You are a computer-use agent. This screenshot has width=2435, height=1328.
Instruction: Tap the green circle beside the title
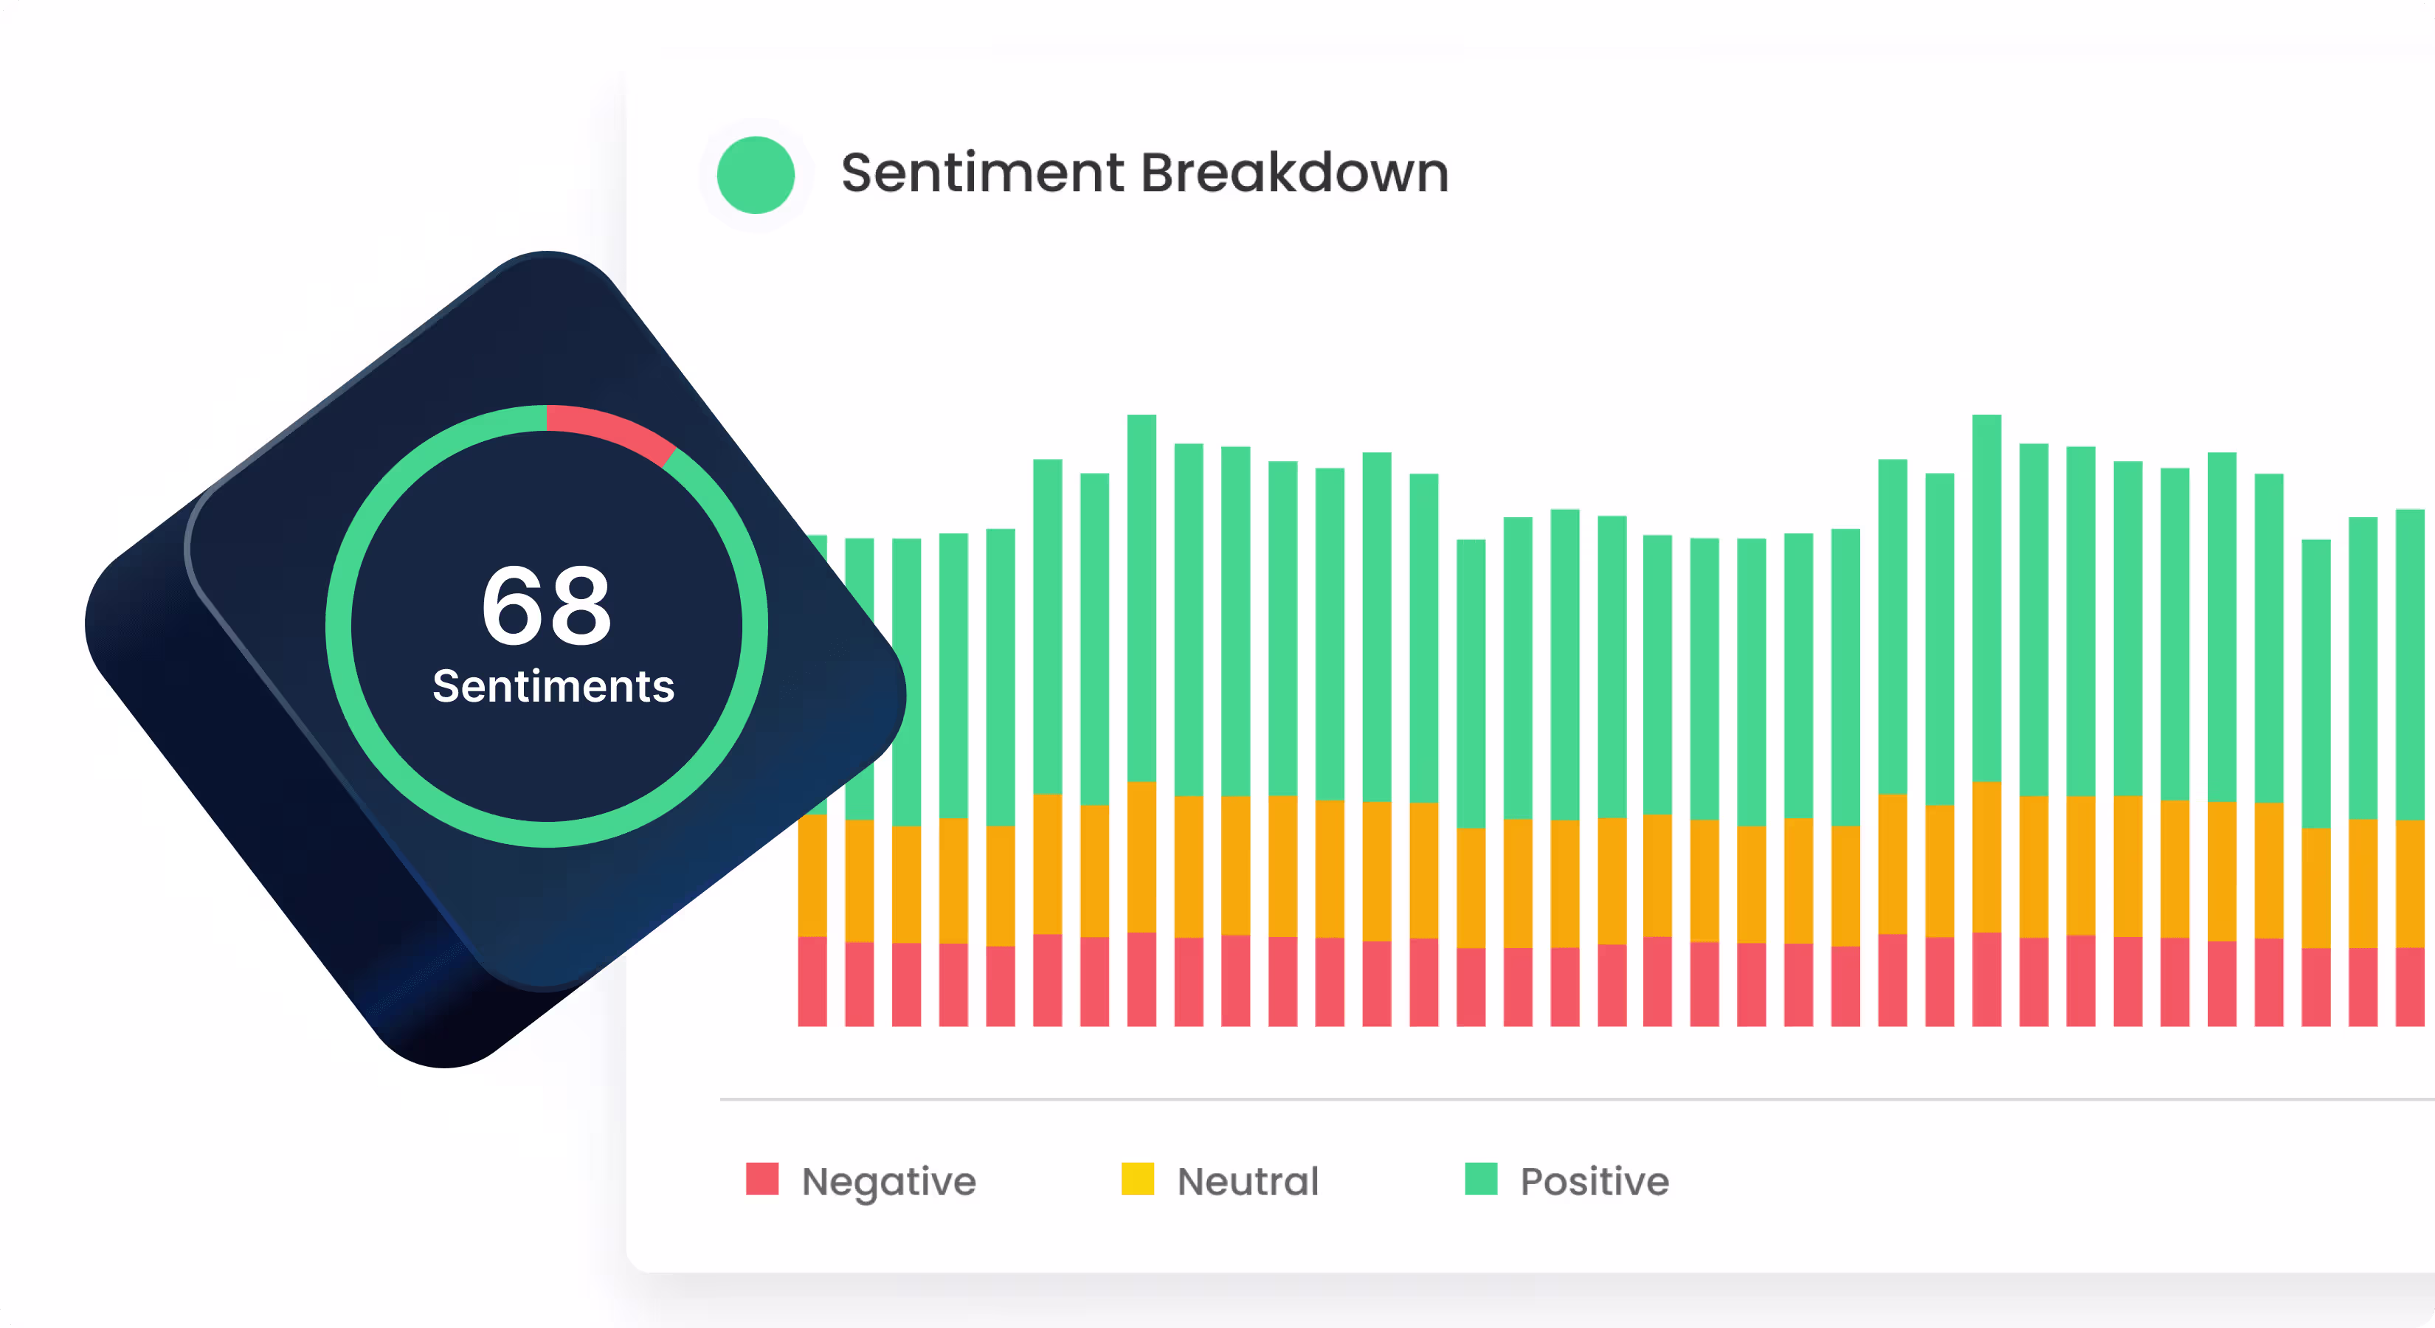pos(756,175)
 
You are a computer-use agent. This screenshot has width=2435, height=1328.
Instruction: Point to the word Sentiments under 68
pos(553,686)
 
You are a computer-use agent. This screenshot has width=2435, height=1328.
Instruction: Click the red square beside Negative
pos(762,1179)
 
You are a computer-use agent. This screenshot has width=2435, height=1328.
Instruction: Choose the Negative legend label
pos(888,1181)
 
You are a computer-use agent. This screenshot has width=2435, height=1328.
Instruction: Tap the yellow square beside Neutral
pos(1137,1179)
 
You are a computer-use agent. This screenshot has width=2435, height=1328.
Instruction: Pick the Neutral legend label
pos(1248,1181)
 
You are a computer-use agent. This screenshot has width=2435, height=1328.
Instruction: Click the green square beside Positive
pos(1481,1179)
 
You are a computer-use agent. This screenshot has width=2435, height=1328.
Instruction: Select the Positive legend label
pos(1595,1181)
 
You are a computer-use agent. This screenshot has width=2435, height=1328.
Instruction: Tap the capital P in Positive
pos(1531,1181)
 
